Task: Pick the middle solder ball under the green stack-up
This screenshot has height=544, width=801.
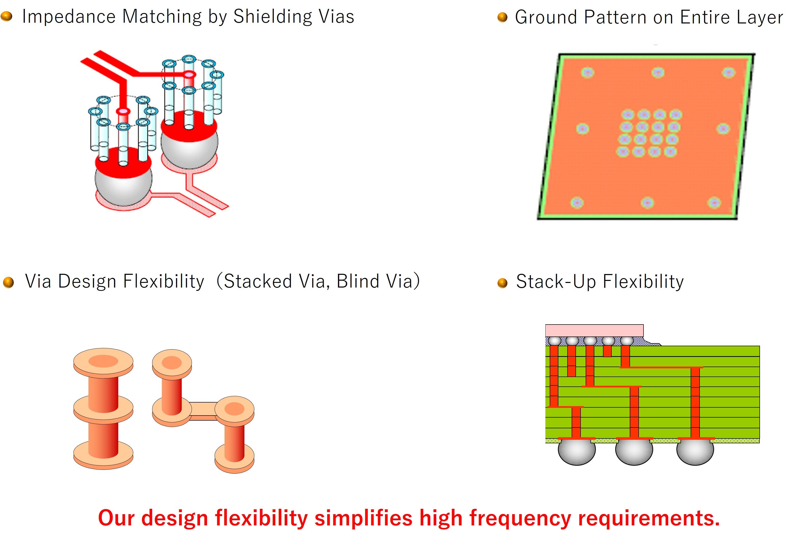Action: point(634,452)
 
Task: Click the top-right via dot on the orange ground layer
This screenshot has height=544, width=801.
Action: point(728,73)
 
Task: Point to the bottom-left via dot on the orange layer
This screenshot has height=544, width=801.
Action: point(577,203)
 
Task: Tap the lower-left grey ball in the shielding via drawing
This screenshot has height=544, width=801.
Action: point(123,190)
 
